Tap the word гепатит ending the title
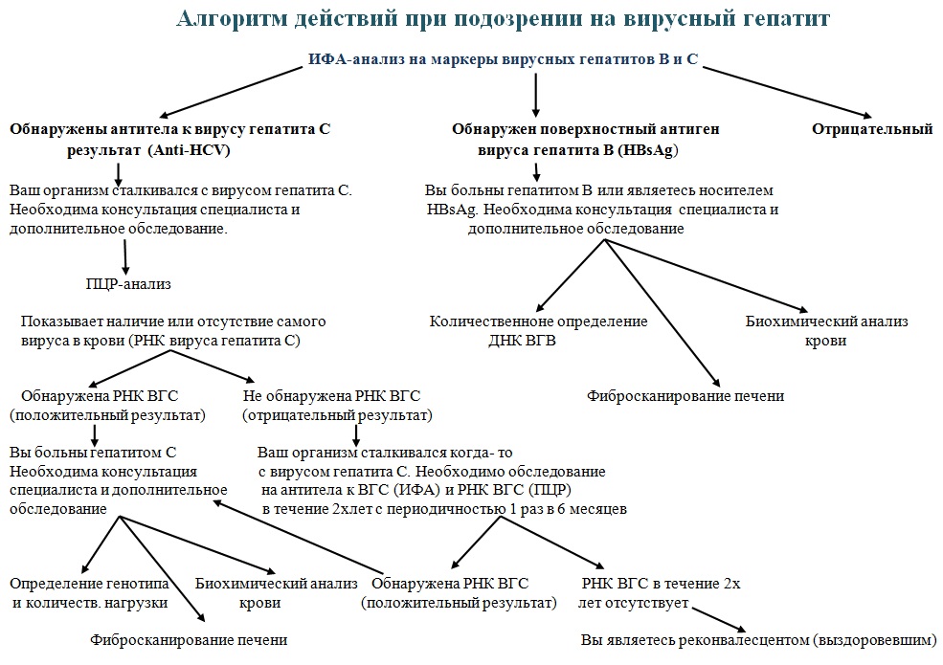tap(789, 18)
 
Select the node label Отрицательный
tap(871, 129)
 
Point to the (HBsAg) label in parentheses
tap(654, 150)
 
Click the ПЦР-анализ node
tap(127, 284)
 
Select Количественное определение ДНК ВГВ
tap(538, 331)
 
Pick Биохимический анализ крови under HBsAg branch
tap(826, 331)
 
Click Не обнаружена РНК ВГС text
tap(331, 395)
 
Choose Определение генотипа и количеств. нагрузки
tap(90, 592)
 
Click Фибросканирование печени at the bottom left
tap(189, 639)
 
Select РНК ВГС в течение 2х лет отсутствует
tap(660, 592)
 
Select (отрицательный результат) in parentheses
tap(336, 415)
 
